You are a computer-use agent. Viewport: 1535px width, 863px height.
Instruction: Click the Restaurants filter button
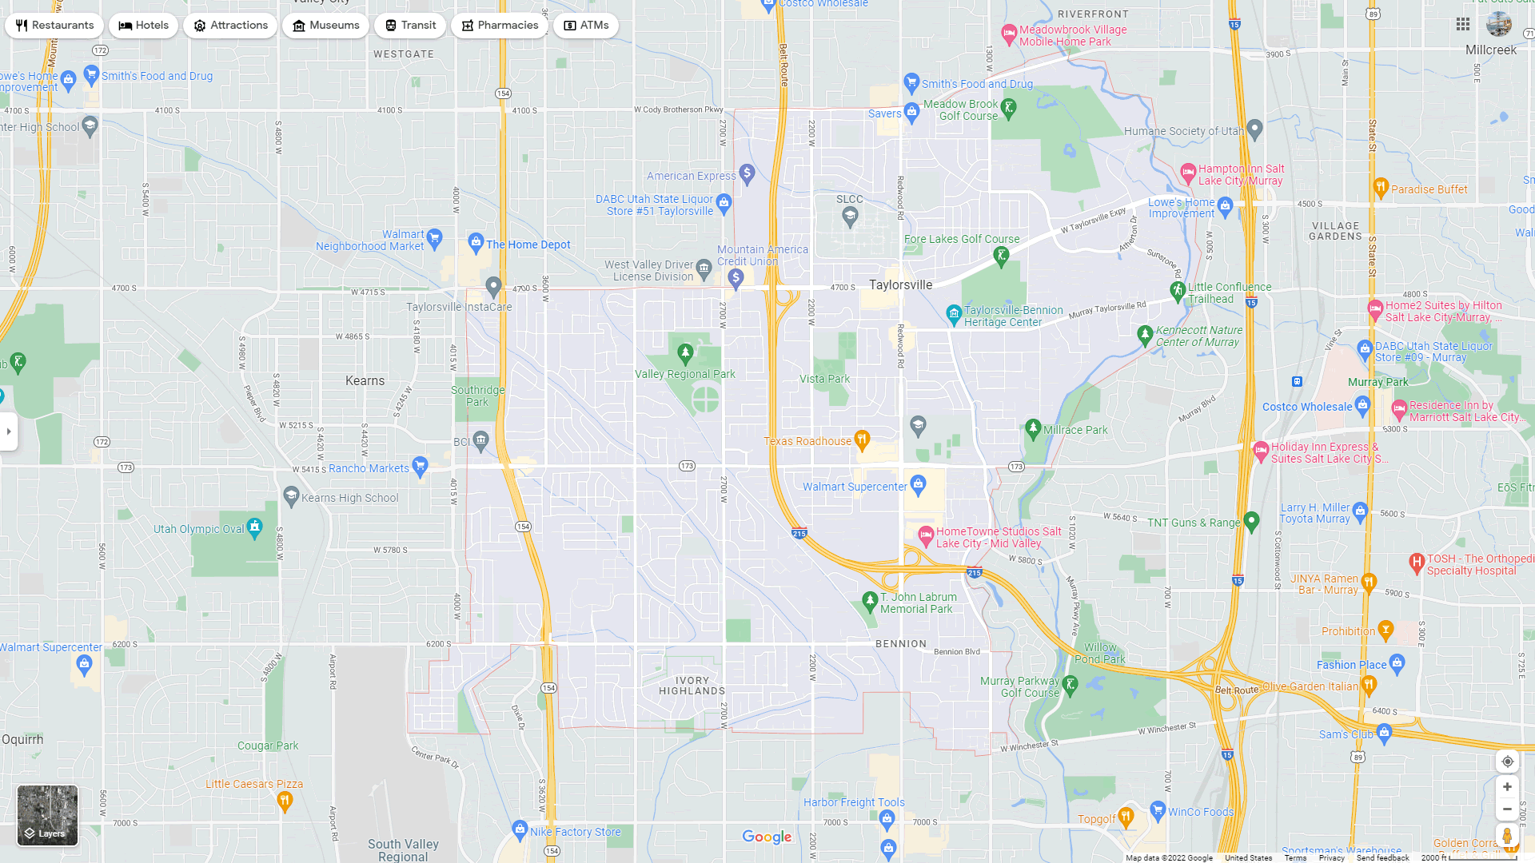coord(54,26)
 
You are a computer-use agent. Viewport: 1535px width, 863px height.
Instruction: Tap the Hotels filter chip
coord(144,26)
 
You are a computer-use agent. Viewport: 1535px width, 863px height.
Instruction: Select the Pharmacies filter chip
coord(500,26)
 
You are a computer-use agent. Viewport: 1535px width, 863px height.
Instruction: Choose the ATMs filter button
coord(586,26)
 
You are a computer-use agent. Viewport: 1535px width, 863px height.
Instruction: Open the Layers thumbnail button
coord(48,815)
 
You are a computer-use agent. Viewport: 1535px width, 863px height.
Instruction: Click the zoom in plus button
coord(1507,787)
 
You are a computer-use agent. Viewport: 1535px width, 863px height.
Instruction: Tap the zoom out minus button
coord(1507,809)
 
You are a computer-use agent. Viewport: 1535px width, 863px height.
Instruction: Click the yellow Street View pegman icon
coord(1507,836)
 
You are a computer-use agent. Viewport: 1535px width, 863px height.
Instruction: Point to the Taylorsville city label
coord(900,285)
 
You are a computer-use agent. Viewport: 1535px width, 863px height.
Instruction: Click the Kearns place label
coord(365,381)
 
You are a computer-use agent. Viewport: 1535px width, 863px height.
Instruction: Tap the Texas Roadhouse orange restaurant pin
coord(862,439)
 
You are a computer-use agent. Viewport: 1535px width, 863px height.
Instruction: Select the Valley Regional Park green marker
coord(685,353)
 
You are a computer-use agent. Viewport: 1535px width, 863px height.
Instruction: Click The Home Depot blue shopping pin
coord(476,242)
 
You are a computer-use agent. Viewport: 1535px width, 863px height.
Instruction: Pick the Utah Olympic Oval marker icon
coord(255,527)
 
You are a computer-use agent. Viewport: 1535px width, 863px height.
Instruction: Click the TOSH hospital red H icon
coord(1417,563)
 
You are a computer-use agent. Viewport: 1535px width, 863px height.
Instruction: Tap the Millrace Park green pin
coord(1033,429)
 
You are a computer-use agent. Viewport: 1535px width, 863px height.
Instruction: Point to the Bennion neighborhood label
coord(901,644)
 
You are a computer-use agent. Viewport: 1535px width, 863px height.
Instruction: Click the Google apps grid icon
coord(1463,25)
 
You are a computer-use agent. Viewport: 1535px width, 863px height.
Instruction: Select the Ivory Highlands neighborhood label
coord(692,686)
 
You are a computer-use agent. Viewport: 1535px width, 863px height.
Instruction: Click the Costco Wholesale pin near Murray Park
coord(1363,405)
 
